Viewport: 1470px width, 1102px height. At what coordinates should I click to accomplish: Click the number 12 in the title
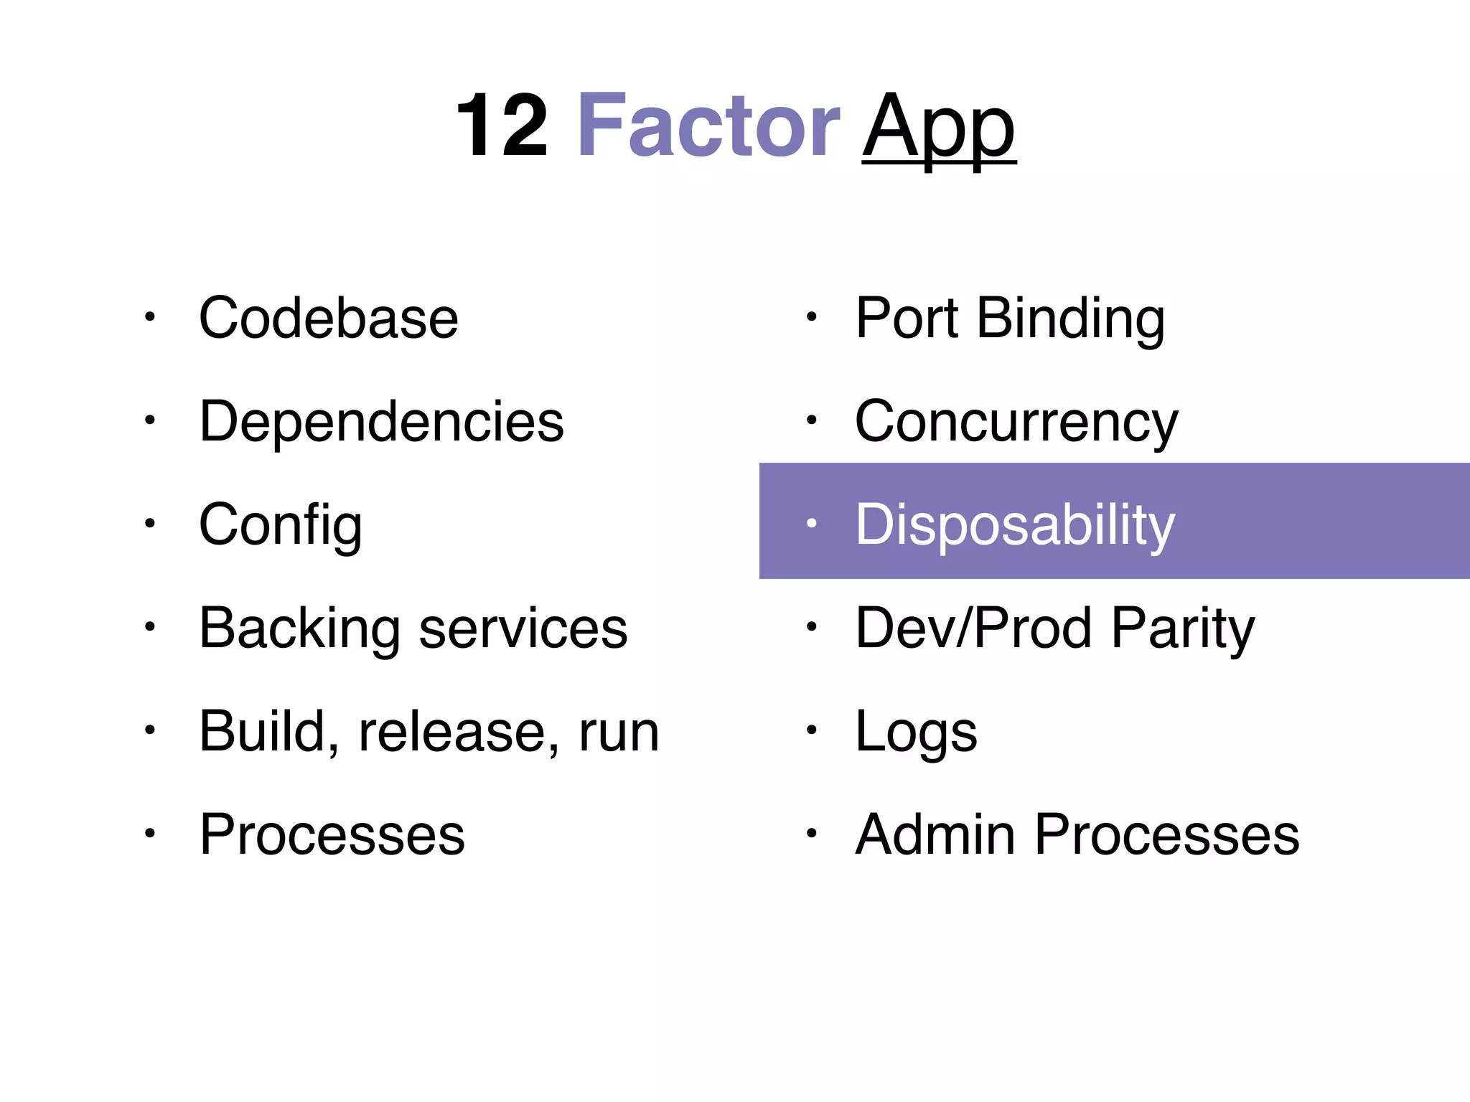coord(502,126)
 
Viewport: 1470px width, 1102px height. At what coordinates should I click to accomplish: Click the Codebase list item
coord(329,318)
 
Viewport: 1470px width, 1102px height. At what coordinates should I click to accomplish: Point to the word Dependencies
coord(381,421)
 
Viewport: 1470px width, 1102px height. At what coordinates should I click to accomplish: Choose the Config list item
coord(280,525)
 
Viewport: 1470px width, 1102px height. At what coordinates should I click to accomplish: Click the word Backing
coord(299,628)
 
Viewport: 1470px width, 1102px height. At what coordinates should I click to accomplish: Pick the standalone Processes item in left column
coord(332,834)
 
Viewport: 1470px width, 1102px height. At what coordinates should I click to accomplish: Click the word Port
coord(907,318)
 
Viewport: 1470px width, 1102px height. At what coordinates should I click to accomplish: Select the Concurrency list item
coord(1016,422)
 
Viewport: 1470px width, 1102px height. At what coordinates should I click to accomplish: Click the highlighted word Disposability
coord(1015,525)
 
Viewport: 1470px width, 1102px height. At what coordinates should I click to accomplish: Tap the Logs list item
coord(916,733)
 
